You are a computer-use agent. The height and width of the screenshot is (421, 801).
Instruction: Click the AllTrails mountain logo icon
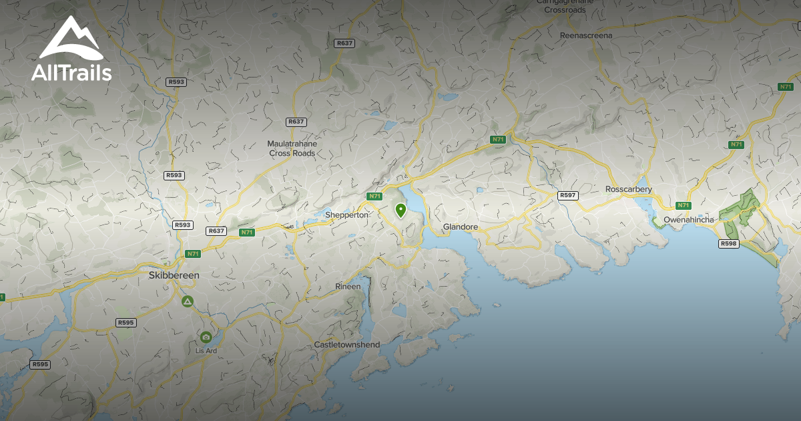click(71, 38)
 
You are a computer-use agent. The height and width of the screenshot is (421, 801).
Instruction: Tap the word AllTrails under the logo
click(71, 72)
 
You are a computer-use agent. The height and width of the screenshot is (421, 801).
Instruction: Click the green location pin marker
click(400, 210)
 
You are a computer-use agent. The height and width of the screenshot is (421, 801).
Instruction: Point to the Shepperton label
click(346, 215)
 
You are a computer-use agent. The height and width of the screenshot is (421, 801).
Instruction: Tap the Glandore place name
click(461, 227)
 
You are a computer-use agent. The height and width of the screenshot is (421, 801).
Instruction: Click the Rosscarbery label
click(628, 189)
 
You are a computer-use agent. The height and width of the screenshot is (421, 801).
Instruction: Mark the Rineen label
click(348, 287)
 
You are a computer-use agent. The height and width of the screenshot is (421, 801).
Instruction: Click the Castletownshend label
click(347, 345)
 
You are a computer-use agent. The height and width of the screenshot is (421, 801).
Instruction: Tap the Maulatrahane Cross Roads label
click(292, 148)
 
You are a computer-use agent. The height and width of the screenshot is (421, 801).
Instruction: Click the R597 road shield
click(567, 195)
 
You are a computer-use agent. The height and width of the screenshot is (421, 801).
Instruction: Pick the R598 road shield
click(728, 244)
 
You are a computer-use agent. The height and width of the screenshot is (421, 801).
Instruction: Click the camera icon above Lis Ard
click(206, 337)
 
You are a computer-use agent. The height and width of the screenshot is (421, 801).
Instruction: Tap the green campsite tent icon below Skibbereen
click(188, 301)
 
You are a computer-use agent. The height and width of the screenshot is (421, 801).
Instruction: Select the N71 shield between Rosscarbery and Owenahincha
click(682, 205)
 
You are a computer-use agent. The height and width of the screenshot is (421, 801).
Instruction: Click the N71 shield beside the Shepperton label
click(374, 196)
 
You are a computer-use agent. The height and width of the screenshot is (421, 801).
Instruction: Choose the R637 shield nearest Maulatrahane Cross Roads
click(295, 122)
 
